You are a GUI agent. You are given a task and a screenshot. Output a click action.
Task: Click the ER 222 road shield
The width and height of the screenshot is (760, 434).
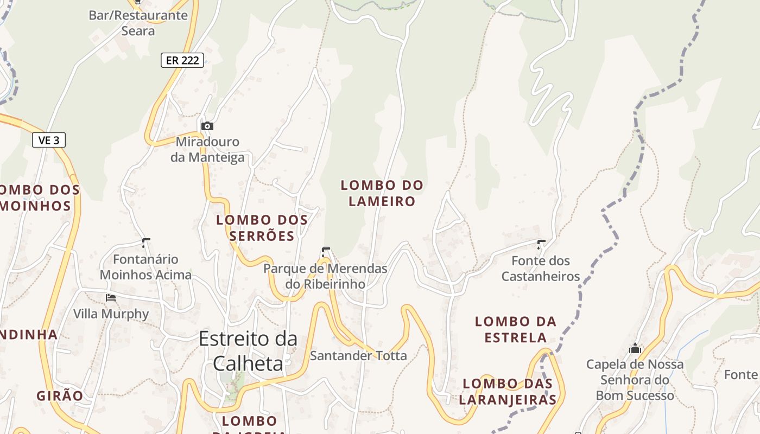point(182,60)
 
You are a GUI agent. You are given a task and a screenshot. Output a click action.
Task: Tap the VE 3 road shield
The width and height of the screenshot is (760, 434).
point(49,140)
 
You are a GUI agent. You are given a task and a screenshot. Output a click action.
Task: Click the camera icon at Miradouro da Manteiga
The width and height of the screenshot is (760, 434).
point(207,126)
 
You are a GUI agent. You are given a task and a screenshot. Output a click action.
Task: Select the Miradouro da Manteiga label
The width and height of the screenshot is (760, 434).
point(207,150)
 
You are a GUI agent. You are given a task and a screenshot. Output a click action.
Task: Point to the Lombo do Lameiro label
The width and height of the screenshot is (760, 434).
point(382,193)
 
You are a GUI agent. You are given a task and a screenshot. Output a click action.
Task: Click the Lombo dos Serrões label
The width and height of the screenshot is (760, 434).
point(262,228)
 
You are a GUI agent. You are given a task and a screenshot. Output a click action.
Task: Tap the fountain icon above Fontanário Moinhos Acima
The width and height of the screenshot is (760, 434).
point(145,242)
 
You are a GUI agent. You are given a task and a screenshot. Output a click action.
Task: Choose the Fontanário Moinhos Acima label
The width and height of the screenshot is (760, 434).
point(145,267)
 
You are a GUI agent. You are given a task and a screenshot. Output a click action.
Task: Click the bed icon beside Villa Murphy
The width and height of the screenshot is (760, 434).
point(111,297)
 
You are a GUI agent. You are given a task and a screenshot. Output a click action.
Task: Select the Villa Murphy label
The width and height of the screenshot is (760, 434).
point(111,314)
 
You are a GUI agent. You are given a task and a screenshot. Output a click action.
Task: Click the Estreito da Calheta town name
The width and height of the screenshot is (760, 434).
point(248,350)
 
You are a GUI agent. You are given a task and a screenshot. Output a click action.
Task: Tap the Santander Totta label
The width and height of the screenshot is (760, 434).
point(358,356)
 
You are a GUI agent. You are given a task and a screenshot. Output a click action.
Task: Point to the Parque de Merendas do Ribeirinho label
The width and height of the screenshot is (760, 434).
point(325,276)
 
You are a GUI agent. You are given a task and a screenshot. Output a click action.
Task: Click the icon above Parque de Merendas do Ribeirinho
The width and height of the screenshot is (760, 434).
point(325,252)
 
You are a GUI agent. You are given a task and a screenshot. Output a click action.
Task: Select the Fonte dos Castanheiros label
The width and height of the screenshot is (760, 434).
point(541,269)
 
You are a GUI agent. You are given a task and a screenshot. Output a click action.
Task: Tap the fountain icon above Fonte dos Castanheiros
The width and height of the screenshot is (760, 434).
point(541,244)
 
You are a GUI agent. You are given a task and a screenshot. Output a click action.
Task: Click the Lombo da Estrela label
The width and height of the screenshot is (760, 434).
point(516,329)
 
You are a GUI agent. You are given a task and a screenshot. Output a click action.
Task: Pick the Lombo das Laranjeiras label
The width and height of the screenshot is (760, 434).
point(508,392)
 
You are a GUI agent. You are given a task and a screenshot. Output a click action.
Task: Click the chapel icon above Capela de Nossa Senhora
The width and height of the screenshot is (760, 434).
point(635,348)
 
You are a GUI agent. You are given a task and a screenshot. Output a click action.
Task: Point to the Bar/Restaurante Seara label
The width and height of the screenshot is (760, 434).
point(138,23)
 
